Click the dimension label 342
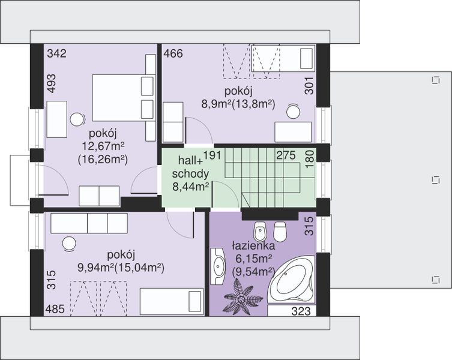pyautogui.click(x=57, y=53)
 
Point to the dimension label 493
pyautogui.click(x=51, y=83)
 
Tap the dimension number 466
pyautogui.click(x=173, y=53)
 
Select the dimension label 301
pyautogui.click(x=309, y=85)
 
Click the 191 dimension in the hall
pyautogui.click(x=212, y=155)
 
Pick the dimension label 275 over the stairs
pyautogui.click(x=286, y=155)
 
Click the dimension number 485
pyautogui.click(x=55, y=309)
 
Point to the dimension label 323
pyautogui.click(x=301, y=311)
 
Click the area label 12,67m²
pyautogui.click(x=103, y=146)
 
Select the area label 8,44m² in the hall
pyautogui.click(x=190, y=187)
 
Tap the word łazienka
pyautogui.click(x=253, y=246)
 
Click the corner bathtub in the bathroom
pyautogui.click(x=291, y=278)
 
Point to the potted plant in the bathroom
pyautogui.click(x=243, y=298)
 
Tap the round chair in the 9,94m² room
pyautogui.click(x=69, y=244)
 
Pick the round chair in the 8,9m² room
pyautogui.click(x=293, y=111)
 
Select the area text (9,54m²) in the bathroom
pyautogui.click(x=253, y=271)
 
